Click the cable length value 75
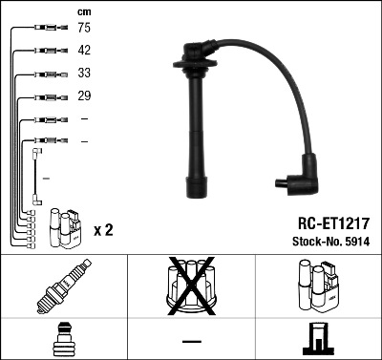coord(84,28)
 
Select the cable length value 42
coord(84,50)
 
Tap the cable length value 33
coord(84,73)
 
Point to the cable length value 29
coord(84,95)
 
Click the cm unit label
coord(84,12)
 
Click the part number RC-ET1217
coord(333,223)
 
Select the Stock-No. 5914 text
coord(331,242)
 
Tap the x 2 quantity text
coord(103,230)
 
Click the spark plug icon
coord(64,286)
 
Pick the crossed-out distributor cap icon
coord(191,286)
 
